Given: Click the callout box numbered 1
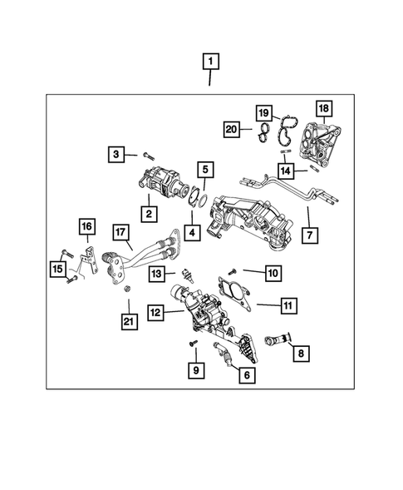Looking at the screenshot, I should click(x=211, y=61).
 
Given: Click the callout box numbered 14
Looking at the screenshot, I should click(x=286, y=170).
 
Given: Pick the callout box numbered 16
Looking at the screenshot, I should click(x=87, y=225).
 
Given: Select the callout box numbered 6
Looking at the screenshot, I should click(x=245, y=375).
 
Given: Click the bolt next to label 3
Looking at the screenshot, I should click(x=148, y=154).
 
